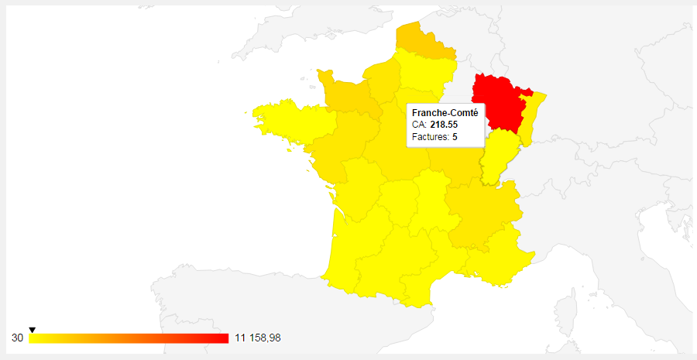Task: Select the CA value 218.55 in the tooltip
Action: pyautogui.click(x=444, y=125)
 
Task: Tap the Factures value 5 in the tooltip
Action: pyautogui.click(x=455, y=137)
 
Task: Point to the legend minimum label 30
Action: pyautogui.click(x=17, y=338)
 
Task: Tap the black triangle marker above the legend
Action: pyautogui.click(x=32, y=331)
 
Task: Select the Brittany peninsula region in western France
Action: pyautogui.click(x=283, y=120)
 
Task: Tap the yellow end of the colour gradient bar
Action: pyautogui.click(x=34, y=338)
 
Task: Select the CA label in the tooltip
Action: pyautogui.click(x=418, y=125)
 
